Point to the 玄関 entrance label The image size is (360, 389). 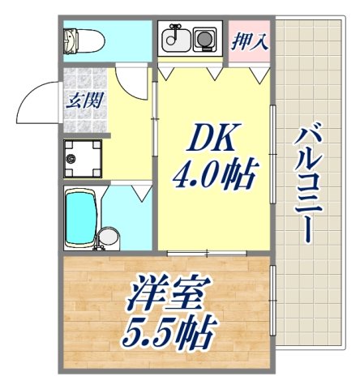(x=82, y=103)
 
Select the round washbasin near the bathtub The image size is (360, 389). (x=106, y=237)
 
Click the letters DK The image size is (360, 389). (x=212, y=141)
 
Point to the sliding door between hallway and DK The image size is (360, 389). (x=155, y=122)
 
